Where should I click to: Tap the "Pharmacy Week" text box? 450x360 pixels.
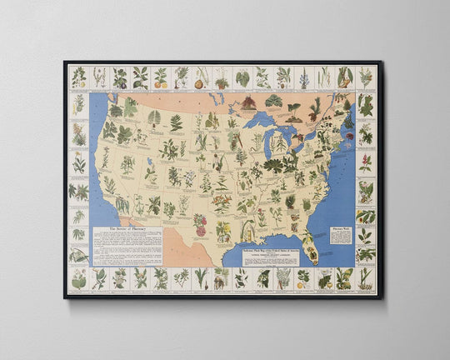click(341, 235)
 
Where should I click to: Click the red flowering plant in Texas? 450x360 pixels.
click(200, 223)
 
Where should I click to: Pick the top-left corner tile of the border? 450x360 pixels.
click(78, 77)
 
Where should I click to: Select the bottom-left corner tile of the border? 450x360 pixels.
click(78, 278)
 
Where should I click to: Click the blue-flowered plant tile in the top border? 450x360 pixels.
click(303, 77)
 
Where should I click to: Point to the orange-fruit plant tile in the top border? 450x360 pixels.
click(161, 77)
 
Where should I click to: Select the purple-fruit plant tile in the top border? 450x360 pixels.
click(120, 77)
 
